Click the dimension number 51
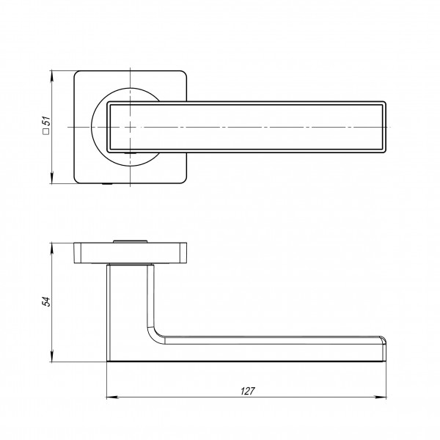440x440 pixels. point(47,121)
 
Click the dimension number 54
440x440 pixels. point(47,301)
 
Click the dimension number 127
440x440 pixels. point(248,391)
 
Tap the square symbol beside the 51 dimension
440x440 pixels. point(46,131)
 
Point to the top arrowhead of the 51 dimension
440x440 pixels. point(51,76)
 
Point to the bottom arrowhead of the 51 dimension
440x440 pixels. point(51,179)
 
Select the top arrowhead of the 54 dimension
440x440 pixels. point(51,248)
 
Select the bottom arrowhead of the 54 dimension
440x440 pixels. point(51,356)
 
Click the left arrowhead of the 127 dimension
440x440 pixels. point(111,397)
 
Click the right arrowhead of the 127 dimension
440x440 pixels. point(381,397)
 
